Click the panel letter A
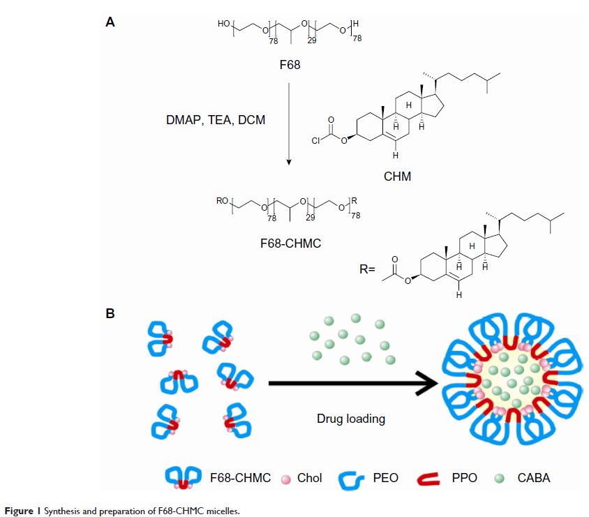pos(110,22)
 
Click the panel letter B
pos(110,313)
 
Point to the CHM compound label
pos(397,177)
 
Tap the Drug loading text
pos(351,419)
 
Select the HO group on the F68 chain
pos(223,24)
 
